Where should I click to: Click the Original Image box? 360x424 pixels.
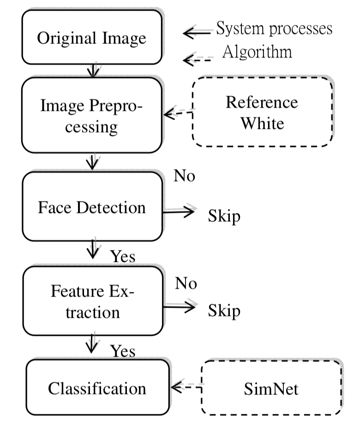pyautogui.click(x=91, y=38)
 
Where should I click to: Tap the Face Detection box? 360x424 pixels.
pyautogui.click(x=91, y=207)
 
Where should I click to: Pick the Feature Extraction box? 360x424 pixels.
pyautogui.click(x=91, y=301)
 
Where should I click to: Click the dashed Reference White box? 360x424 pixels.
pyautogui.click(x=261, y=113)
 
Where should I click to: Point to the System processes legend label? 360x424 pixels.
pyautogui.click(x=274, y=28)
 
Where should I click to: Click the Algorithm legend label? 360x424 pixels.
pyautogui.click(x=257, y=51)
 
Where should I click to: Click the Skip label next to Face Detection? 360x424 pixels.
pyautogui.click(x=224, y=216)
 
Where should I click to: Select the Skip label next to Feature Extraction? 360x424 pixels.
pyautogui.click(x=224, y=310)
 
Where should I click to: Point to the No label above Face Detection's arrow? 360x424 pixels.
pyautogui.click(x=185, y=176)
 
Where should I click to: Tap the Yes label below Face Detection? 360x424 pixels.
pyautogui.click(x=124, y=256)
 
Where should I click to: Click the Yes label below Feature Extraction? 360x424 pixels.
pyautogui.click(x=123, y=351)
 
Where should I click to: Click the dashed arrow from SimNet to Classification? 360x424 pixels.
pyautogui.click(x=186, y=387)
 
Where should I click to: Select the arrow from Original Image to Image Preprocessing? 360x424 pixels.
pyautogui.click(x=94, y=70)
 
